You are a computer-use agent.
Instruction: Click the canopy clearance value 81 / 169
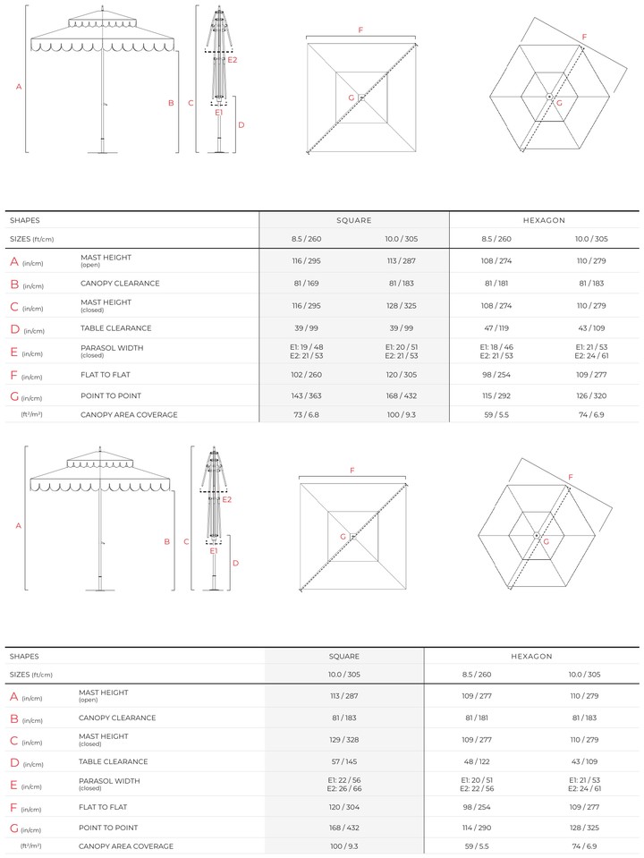(x=307, y=284)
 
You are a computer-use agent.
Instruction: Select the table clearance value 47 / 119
(x=496, y=328)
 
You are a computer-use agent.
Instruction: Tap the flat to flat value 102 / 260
(x=307, y=375)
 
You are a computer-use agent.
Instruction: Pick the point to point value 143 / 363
(x=307, y=395)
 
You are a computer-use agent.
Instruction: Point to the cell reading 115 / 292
(x=496, y=395)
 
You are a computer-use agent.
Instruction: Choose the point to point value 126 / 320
(x=591, y=395)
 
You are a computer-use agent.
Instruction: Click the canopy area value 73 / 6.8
(x=307, y=415)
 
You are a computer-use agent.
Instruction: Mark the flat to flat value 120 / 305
(x=401, y=375)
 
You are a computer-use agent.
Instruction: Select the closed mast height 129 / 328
(x=344, y=740)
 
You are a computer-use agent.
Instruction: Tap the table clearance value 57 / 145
(x=344, y=761)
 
